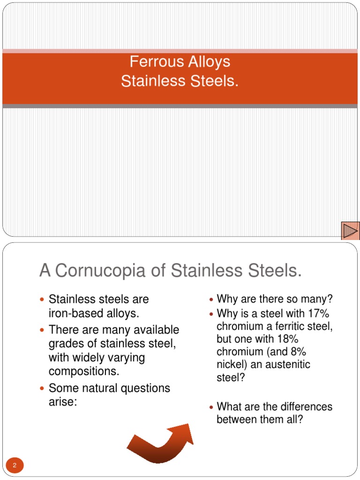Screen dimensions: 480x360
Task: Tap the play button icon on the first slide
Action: click(350, 231)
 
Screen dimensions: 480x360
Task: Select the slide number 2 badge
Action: click(15, 465)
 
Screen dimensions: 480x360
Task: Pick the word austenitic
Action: click(288, 365)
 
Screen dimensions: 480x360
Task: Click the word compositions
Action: click(84, 371)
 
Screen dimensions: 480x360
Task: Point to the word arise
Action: click(63, 402)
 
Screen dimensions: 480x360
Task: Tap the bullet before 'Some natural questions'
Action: click(43, 389)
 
